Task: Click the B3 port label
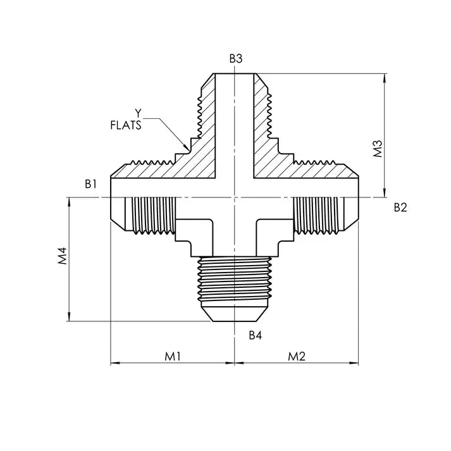(x=236, y=58)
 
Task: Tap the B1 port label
(x=90, y=184)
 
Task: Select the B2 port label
(x=400, y=207)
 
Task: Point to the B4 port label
(x=256, y=335)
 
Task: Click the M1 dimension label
(x=173, y=357)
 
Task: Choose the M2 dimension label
(x=297, y=357)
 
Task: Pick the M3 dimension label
(x=378, y=149)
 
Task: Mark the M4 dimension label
(x=62, y=256)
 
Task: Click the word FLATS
(x=126, y=125)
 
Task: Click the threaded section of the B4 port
(x=235, y=279)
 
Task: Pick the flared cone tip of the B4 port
(x=235, y=314)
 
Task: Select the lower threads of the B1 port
(x=153, y=214)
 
